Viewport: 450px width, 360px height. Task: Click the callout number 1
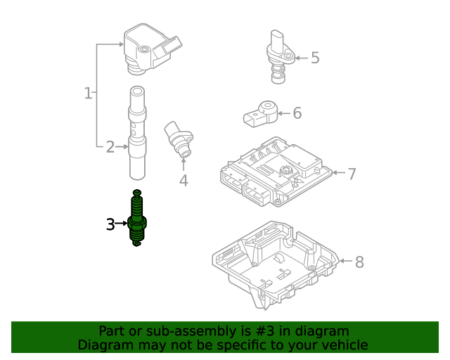[x=88, y=93]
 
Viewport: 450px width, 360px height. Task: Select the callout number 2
[x=110, y=147]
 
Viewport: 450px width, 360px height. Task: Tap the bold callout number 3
[x=110, y=224]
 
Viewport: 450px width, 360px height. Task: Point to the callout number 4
[x=184, y=181]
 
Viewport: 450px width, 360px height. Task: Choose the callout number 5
[x=315, y=58]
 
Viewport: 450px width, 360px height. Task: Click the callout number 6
[x=297, y=113]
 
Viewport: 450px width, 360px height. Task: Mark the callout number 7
[x=352, y=173]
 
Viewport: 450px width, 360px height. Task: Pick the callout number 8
[x=359, y=262]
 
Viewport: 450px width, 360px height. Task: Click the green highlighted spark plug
[x=138, y=219]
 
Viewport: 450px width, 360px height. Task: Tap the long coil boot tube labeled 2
[x=138, y=134]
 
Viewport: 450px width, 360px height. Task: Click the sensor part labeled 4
[x=179, y=139]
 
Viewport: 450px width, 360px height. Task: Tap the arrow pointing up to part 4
[x=184, y=163]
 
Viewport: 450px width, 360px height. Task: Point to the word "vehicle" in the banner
[x=342, y=345]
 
